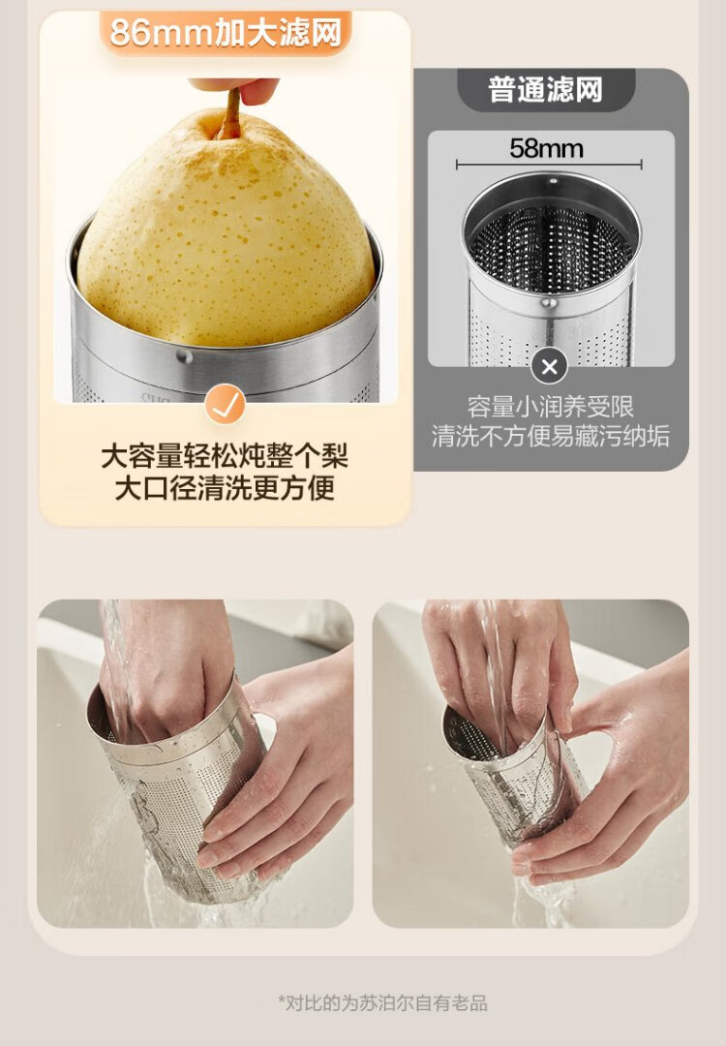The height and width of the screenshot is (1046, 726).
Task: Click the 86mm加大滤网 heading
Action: (226, 32)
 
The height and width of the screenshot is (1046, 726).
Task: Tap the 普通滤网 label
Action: (545, 89)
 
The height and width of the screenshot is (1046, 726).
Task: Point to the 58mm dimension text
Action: (546, 148)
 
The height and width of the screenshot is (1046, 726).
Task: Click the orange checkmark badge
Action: (225, 404)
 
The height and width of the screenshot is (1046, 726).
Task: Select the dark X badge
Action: (549, 366)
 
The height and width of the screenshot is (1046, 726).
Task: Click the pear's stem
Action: (230, 114)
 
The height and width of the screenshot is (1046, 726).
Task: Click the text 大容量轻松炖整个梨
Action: (225, 457)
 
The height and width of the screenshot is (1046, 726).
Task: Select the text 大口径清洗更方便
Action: (225, 487)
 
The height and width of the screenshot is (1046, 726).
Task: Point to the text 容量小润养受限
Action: (550, 407)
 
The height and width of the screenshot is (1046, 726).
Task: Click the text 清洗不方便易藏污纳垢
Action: (550, 436)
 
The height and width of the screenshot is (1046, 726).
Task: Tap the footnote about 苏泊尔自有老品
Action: (382, 1002)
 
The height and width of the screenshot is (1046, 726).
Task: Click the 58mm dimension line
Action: (549, 165)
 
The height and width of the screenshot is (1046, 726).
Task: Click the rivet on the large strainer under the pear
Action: (185, 356)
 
